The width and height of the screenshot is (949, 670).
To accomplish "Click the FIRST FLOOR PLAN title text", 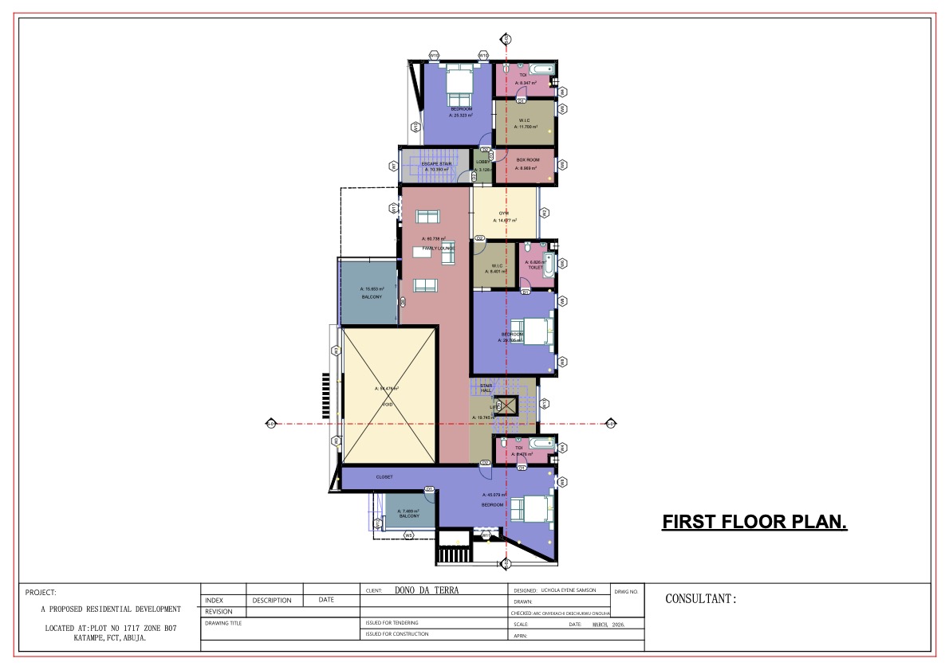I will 754,522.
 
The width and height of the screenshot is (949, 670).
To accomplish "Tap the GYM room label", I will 504,214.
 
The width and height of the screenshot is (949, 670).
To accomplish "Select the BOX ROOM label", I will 527,160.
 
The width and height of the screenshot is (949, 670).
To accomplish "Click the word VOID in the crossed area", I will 388,405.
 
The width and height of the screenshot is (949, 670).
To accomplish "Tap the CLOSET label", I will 384,476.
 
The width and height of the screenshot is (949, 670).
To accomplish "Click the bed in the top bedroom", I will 459,82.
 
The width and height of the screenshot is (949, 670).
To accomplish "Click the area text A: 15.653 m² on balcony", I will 372,289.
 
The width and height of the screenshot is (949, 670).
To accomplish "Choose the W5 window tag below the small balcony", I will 408,536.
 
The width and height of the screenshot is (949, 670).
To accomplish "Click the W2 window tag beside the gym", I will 544,213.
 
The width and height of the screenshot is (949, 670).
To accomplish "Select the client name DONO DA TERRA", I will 427,590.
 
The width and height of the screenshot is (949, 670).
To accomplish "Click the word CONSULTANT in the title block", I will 699,599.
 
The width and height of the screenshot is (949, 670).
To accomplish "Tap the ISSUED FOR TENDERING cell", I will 392,623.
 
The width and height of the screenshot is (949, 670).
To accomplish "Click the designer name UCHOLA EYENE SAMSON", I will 569,590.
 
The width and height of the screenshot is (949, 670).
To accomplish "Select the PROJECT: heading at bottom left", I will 41,593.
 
